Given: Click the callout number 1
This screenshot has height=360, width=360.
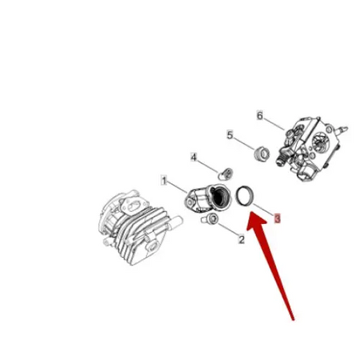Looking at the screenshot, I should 163,182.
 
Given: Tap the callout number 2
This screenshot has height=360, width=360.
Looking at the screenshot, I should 242,239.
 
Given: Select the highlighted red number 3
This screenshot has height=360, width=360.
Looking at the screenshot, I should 277,218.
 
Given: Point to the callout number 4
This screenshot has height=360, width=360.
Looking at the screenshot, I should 194,157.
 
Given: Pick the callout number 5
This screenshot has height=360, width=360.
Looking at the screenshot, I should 230,135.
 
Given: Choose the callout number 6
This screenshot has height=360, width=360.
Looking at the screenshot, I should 259,115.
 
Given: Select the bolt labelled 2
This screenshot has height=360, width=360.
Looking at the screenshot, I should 210,218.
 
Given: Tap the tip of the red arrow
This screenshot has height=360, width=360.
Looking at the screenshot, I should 248,222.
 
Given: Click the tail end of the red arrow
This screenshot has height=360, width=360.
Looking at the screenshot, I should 294,319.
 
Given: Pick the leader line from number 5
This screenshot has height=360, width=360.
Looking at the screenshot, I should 243,143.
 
